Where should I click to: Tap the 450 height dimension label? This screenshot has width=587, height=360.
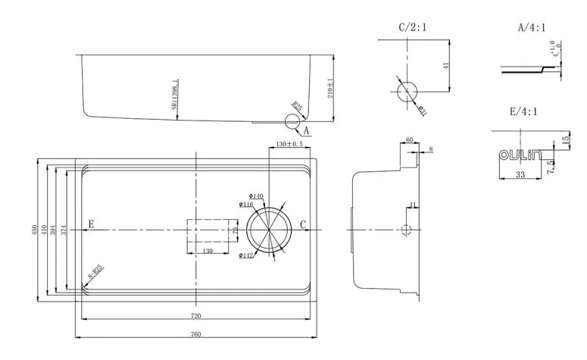[34, 229]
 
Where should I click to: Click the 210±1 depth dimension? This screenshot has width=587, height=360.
[330, 89]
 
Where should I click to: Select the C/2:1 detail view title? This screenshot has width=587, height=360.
[413, 28]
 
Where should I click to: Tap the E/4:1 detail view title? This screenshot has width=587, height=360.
[523, 111]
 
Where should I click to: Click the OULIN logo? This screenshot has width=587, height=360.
[520, 156]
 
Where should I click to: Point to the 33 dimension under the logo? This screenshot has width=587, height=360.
[520, 175]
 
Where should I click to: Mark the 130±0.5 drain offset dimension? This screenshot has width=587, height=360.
[290, 143]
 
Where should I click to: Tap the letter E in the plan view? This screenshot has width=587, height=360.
[91, 224]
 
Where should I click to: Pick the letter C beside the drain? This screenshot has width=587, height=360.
[303, 224]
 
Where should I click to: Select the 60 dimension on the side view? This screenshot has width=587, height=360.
[409, 140]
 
